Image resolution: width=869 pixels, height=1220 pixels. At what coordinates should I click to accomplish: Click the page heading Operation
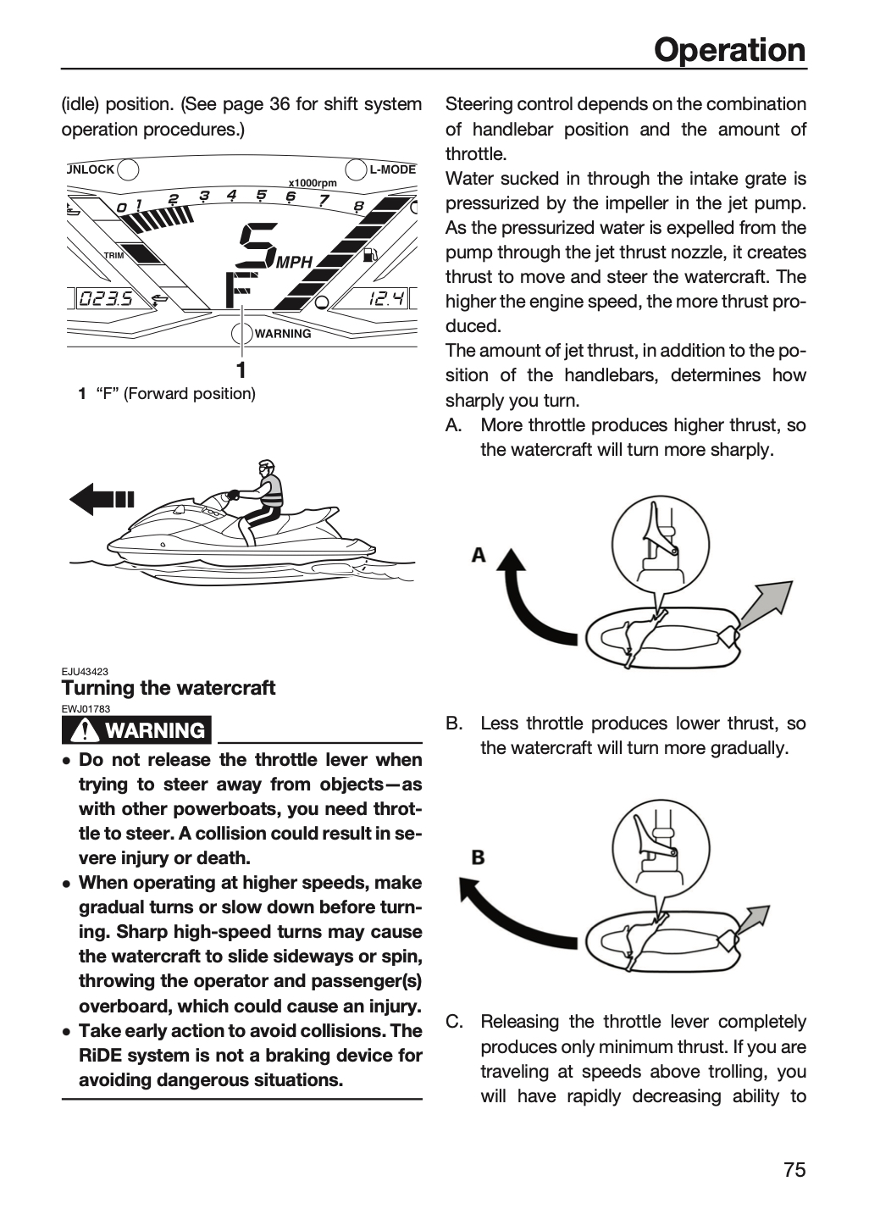(x=729, y=50)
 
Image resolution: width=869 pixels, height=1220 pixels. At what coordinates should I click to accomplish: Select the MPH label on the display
(x=295, y=263)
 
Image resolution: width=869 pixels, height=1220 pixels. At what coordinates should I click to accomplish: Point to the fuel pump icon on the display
(x=369, y=254)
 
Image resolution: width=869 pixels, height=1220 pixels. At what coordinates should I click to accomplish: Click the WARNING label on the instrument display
(x=283, y=333)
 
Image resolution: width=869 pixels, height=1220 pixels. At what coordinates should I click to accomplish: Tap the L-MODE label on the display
(x=393, y=169)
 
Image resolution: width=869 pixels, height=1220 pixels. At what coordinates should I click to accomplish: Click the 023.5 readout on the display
(x=106, y=298)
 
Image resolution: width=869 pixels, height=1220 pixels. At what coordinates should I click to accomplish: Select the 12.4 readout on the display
(x=386, y=298)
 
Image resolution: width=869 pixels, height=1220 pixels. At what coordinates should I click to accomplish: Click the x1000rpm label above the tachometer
(x=313, y=183)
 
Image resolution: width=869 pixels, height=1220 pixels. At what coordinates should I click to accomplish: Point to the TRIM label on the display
(x=113, y=256)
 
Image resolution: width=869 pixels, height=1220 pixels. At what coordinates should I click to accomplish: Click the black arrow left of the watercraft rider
(x=102, y=499)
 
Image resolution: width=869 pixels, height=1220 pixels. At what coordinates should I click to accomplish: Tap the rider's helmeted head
(x=266, y=469)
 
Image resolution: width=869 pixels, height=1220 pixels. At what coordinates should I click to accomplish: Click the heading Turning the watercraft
(x=169, y=688)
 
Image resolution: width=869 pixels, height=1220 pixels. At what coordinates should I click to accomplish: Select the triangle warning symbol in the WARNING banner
(x=85, y=729)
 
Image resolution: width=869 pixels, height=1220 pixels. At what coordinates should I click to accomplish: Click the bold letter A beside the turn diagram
(x=478, y=555)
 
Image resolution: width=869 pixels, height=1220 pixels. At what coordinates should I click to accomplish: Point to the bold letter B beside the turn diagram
(x=478, y=857)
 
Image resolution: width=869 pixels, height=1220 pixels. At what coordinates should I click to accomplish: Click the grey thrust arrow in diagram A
(x=762, y=606)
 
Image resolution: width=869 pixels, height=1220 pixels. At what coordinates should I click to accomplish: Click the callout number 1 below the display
(x=241, y=370)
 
